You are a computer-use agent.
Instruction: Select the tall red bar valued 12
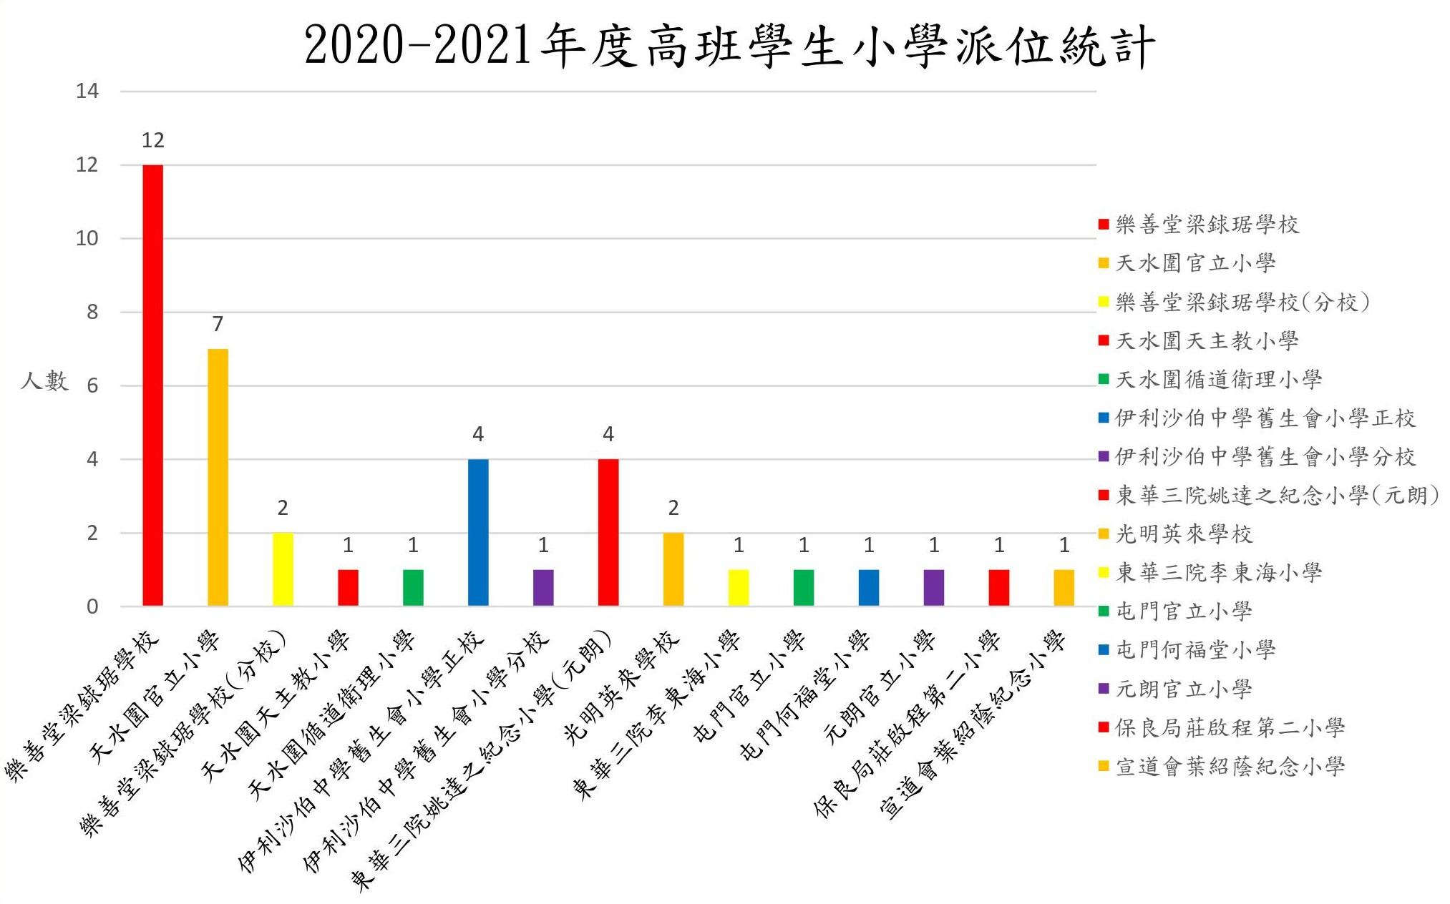tap(153, 386)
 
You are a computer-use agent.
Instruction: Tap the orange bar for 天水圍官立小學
tap(218, 478)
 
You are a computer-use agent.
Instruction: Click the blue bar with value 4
tap(478, 533)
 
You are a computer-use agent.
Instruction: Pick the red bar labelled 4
tap(608, 533)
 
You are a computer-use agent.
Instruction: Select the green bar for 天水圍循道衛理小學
tap(413, 588)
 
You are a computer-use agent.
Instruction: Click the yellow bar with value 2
tap(283, 569)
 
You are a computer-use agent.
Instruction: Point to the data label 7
tap(218, 324)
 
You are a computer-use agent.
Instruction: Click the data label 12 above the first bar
tap(153, 140)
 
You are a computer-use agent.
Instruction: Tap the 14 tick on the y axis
tap(87, 91)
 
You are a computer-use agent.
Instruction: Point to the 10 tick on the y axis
tap(87, 238)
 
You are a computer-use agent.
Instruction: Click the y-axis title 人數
tap(44, 380)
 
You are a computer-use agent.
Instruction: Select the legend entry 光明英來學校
tap(1184, 534)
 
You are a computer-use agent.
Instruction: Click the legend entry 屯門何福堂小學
tap(1195, 649)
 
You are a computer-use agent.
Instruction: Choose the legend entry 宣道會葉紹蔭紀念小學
tap(1230, 766)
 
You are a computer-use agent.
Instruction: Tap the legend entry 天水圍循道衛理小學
tap(1218, 379)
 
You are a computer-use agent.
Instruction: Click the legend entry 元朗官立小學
tap(1184, 689)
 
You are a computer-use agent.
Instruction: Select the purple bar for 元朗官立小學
tap(934, 588)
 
